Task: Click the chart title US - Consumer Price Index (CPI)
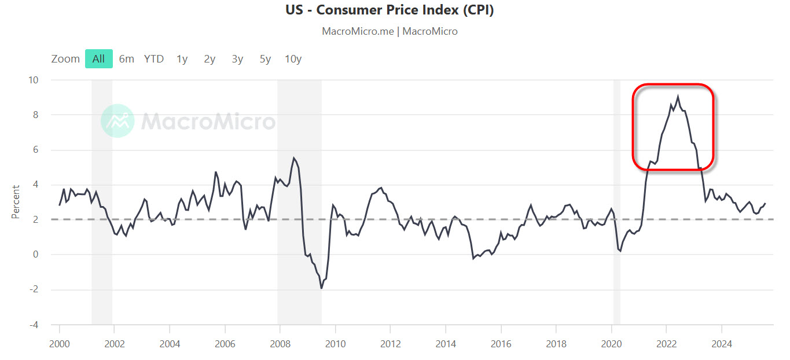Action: coord(390,10)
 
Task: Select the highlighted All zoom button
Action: coord(98,58)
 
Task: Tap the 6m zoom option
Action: coord(126,58)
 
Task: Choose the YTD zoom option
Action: coord(153,58)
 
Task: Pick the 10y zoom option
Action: coord(293,58)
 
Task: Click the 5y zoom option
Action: coord(265,58)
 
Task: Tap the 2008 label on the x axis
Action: coord(280,344)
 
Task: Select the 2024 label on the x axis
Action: coord(722,344)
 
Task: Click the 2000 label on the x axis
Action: coord(59,344)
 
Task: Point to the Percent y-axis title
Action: coord(16,202)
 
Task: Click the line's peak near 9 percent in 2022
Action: coord(678,97)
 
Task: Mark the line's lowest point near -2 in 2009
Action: coord(321,288)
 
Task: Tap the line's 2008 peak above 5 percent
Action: coord(294,158)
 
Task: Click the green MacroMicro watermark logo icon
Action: coord(117,121)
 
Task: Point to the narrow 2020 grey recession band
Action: coord(617,203)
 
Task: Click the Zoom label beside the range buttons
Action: coord(65,58)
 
